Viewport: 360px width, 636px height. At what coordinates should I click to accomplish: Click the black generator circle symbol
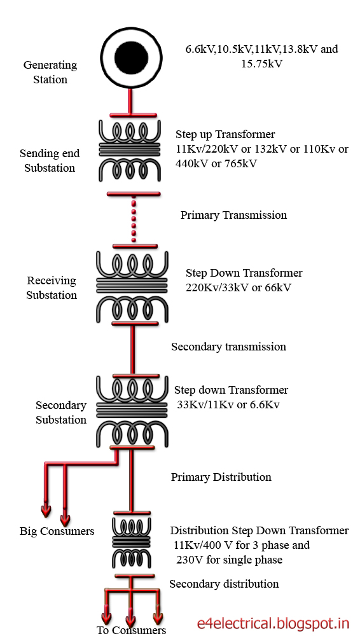click(131, 59)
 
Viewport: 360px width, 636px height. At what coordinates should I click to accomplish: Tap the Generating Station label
click(50, 72)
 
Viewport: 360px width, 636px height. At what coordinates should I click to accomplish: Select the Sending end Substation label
click(50, 160)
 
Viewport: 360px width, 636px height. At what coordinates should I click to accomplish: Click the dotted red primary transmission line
click(132, 220)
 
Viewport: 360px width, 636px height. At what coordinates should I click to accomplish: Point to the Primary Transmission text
click(233, 215)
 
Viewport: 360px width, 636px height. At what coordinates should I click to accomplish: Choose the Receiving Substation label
click(51, 287)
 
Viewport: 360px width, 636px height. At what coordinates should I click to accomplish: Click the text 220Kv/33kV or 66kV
click(239, 287)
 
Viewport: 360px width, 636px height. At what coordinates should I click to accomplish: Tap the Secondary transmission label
click(228, 347)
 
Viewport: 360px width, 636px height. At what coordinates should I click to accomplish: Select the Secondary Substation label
click(60, 412)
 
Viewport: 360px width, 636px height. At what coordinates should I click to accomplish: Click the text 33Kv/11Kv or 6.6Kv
click(228, 404)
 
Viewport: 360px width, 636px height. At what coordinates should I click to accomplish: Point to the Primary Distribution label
click(221, 477)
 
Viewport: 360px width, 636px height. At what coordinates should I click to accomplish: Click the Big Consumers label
click(57, 531)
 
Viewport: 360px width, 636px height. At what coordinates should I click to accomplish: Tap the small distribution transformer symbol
click(132, 542)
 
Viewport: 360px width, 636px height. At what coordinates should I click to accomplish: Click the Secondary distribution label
click(223, 584)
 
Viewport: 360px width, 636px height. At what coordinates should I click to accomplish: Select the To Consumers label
click(131, 630)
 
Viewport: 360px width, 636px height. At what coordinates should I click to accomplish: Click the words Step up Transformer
click(225, 134)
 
